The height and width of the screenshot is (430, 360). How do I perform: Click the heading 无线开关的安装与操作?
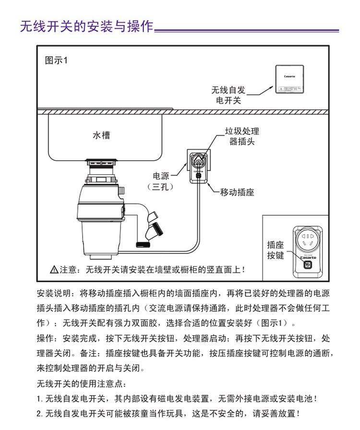(x=86, y=26)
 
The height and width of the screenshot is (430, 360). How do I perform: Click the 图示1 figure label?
(x=57, y=61)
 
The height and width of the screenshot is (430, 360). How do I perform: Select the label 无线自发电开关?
(x=228, y=95)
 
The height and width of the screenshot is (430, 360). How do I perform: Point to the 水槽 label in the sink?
(x=101, y=135)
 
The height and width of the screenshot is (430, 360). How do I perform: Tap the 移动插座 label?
(x=237, y=192)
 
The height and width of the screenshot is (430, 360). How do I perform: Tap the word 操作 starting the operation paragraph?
(x=45, y=337)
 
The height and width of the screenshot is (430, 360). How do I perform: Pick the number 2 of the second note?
(x=39, y=413)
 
